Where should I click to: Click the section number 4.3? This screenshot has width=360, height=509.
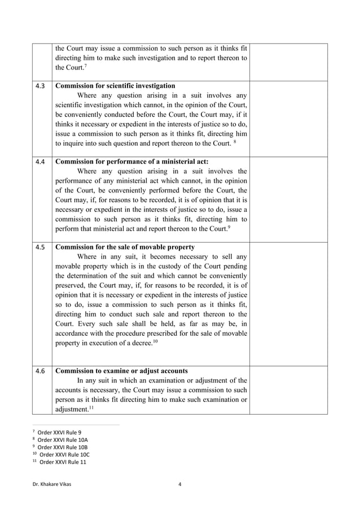click(x=40, y=86)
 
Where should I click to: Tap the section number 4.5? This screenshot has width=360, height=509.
click(x=40, y=247)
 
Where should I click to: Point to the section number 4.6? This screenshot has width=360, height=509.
click(x=40, y=371)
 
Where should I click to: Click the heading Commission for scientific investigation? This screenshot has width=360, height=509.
click(x=115, y=86)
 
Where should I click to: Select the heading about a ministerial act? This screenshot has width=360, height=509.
click(x=131, y=161)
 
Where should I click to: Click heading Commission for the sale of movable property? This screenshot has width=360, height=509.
click(x=125, y=247)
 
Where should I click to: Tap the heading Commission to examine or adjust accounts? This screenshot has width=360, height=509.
click(x=121, y=371)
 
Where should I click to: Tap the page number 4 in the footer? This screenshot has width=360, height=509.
click(x=179, y=484)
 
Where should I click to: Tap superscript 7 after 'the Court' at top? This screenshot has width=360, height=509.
click(x=85, y=66)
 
